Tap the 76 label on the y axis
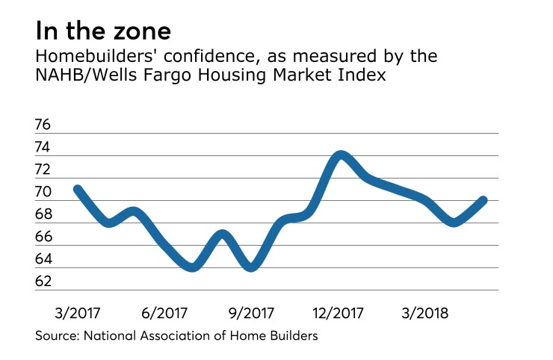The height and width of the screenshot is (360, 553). pos(44,125)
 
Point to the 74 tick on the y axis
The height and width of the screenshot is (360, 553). pos(44,147)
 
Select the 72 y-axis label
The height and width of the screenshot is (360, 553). pos(44,170)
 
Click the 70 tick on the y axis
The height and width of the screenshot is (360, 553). pos(44,192)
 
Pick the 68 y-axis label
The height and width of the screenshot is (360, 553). pos(44,214)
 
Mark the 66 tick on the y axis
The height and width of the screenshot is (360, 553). pos(44,237)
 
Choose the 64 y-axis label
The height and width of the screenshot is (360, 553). pos(44,259)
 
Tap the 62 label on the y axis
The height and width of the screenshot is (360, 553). pos(44,282)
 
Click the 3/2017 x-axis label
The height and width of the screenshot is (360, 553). pos(77,311)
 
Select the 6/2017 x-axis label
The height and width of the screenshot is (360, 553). pos(164,311)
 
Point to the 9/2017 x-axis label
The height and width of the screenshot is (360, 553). pos(250,311)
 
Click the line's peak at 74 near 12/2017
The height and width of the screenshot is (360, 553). pos(341,155)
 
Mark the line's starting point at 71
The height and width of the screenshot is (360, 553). pos(77,189)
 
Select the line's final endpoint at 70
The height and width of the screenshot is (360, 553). pos(484,200)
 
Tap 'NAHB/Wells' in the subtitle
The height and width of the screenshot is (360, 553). pos(76,78)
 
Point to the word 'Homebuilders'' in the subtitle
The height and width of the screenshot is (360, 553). pos(87,58)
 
